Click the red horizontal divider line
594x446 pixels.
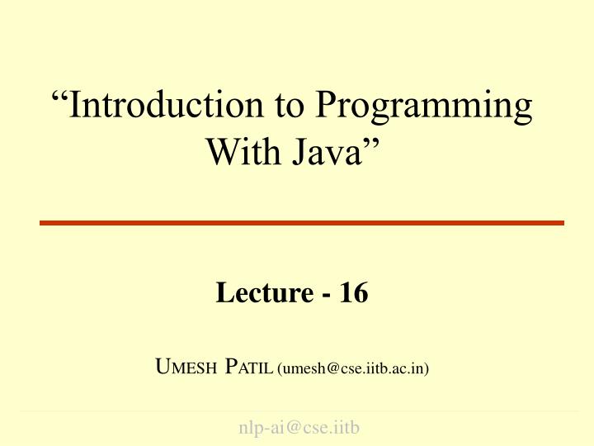coord(302,223)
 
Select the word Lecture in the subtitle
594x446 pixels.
coord(264,292)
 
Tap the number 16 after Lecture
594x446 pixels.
coord(353,292)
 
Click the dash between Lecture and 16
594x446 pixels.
coord(325,295)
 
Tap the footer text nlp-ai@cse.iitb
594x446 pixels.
coord(299,428)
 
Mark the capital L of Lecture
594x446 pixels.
coord(224,292)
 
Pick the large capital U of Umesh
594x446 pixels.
coord(162,367)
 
